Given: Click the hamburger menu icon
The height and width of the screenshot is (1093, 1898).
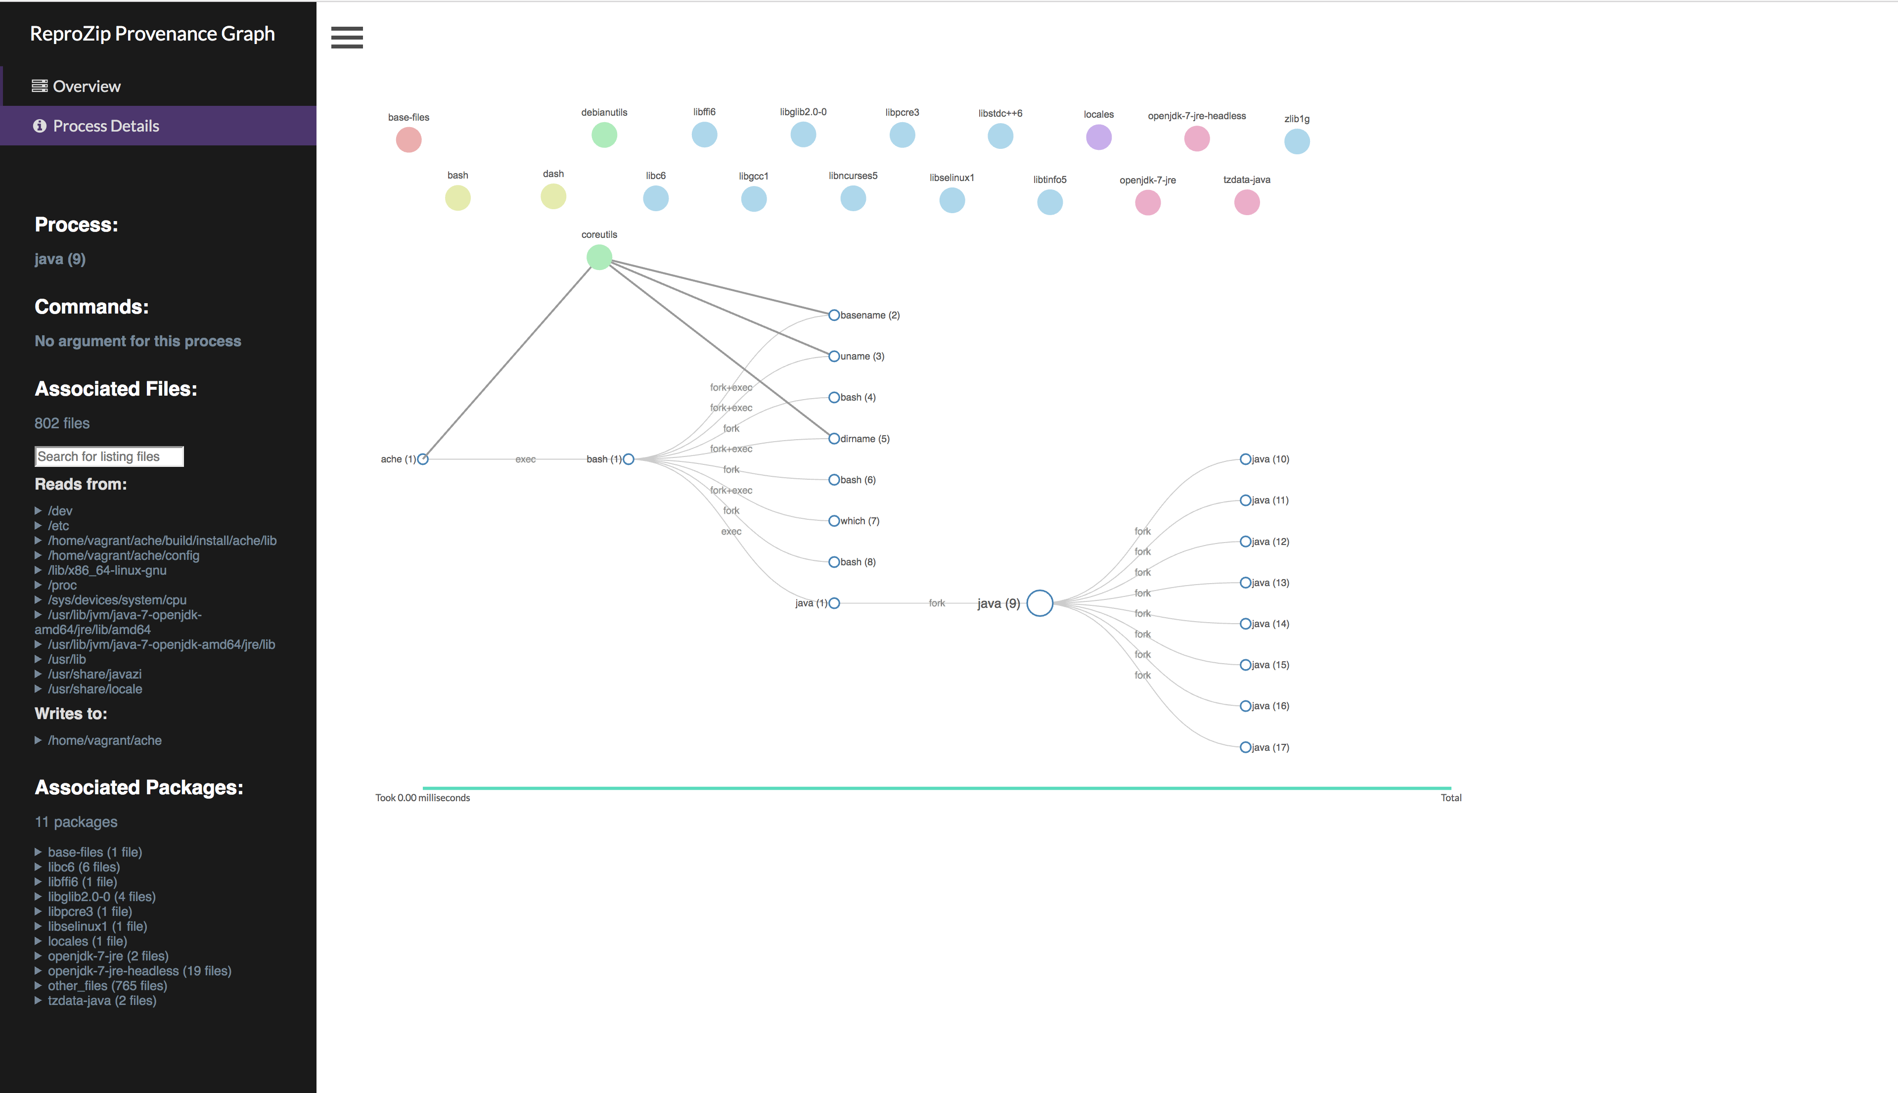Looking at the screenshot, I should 347,38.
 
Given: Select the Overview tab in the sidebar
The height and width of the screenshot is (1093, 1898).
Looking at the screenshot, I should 87,87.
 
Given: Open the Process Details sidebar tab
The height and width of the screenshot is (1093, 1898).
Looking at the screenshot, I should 106,126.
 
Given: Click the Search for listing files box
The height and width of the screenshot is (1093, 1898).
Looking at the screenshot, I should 109,456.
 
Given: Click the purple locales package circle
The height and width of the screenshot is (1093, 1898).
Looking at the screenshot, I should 1099,137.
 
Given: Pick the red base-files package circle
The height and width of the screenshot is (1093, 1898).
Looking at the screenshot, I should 408,139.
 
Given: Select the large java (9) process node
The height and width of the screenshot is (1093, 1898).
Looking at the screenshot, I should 1039,603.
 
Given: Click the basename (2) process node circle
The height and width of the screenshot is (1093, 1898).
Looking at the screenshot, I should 834,316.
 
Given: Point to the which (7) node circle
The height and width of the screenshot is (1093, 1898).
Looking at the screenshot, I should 834,521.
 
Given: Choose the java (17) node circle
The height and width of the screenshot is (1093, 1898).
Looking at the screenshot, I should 1245,747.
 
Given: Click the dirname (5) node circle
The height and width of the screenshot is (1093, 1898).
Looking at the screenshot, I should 834,438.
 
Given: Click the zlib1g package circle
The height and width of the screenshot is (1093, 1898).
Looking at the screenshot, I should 1297,141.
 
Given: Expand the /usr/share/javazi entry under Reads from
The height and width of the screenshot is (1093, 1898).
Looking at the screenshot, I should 94,674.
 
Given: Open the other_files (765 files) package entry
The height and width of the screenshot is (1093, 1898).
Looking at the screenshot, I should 107,986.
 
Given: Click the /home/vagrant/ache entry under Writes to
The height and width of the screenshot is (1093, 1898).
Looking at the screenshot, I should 104,740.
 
